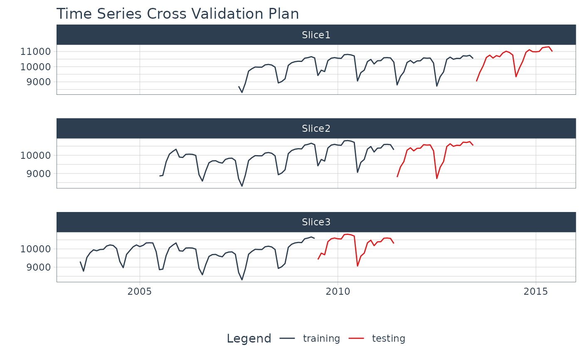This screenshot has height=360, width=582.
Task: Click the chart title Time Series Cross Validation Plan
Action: [178, 14]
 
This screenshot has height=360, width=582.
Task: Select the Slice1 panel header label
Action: [316, 35]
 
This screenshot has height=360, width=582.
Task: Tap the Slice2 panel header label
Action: [316, 128]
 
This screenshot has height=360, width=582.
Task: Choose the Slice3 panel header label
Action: [316, 222]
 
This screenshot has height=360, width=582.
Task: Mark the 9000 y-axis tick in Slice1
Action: [39, 82]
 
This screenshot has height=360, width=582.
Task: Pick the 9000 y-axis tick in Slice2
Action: [39, 173]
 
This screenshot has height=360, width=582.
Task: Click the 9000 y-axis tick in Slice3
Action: [39, 267]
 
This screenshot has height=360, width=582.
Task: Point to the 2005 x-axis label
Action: [140, 291]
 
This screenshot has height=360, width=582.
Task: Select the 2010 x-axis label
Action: [338, 291]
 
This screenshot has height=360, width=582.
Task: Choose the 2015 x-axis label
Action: [536, 291]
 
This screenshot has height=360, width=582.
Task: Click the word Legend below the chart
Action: [249, 339]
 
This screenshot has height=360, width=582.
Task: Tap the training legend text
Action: [321, 339]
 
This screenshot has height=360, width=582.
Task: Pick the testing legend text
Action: [388, 339]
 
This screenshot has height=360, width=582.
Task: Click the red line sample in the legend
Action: [356, 339]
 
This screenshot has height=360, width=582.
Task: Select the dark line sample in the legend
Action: [287, 339]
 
